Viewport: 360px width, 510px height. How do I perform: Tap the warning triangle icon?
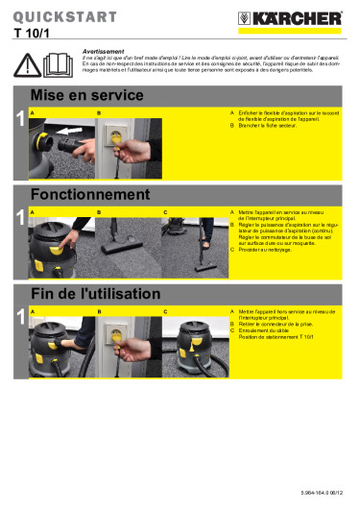30,64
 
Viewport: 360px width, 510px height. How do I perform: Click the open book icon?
57,64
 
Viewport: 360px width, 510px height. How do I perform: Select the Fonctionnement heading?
90,194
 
